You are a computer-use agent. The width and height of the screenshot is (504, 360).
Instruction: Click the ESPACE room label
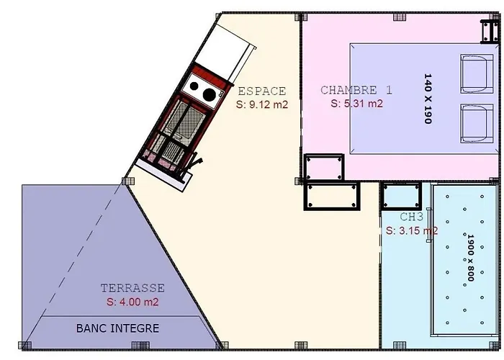(261, 91)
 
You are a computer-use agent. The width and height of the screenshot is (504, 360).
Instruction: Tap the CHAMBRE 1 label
(356, 91)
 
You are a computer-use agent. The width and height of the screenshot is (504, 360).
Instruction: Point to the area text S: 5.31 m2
(356, 103)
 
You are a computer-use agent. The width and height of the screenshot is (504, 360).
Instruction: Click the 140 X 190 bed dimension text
(428, 99)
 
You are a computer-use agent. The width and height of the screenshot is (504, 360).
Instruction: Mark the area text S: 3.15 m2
(411, 231)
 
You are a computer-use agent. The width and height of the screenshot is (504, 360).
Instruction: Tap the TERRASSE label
(132, 288)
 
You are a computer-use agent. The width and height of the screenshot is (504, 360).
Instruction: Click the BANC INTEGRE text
(117, 328)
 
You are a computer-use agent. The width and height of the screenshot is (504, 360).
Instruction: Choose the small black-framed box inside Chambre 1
(323, 166)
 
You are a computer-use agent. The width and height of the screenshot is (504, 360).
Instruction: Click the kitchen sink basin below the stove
(180, 120)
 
